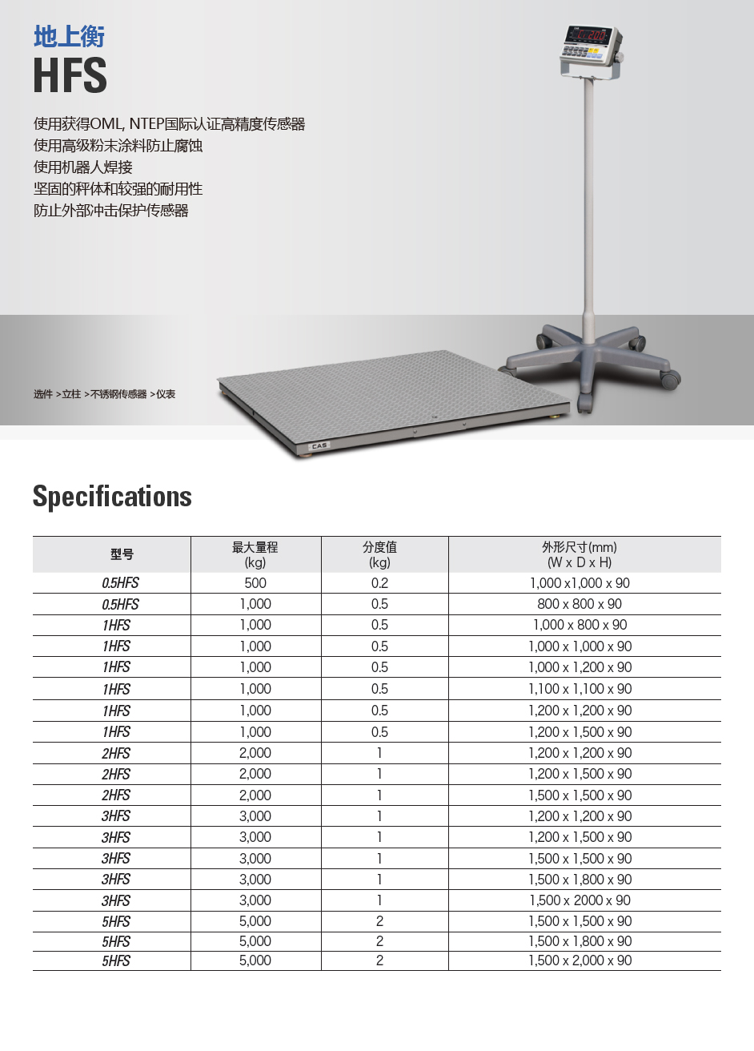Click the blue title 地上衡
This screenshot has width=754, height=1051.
click(69, 37)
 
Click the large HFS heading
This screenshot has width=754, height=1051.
click(70, 76)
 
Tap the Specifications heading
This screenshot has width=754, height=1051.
click(112, 497)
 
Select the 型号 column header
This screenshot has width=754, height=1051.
click(122, 554)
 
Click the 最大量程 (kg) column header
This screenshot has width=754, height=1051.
click(255, 554)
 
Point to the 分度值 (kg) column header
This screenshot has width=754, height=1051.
click(379, 554)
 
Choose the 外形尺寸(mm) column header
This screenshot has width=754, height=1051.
click(580, 554)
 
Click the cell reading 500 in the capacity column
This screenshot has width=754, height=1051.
click(255, 583)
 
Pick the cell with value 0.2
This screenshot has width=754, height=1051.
click(379, 583)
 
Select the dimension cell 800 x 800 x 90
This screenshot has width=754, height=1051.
click(580, 604)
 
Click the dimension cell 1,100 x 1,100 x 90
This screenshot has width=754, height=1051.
click(580, 689)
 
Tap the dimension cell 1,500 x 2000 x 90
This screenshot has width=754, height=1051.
click(580, 900)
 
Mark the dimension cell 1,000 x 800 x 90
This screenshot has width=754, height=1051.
click(580, 625)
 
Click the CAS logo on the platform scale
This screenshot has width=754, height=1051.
click(319, 445)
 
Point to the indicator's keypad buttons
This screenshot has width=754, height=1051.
click(584, 53)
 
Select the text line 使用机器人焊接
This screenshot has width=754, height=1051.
click(83, 167)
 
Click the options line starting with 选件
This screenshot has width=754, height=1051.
click(104, 394)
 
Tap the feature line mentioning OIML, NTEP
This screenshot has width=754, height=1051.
click(169, 124)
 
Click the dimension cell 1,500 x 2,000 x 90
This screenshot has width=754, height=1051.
click(580, 960)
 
